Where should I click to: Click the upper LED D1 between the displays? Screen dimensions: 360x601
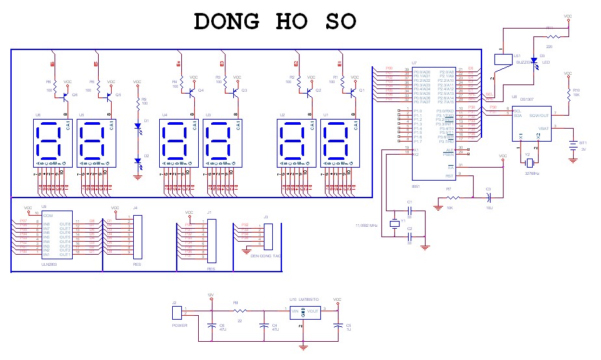coord(138,126)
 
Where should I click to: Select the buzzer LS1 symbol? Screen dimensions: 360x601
coord(502,59)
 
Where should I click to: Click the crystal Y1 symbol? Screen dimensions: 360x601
coord(393,224)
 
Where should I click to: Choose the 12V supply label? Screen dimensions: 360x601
coord(211,295)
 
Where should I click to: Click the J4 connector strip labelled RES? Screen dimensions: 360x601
coord(137,237)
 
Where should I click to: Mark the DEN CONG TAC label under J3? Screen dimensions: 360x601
coord(265,255)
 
